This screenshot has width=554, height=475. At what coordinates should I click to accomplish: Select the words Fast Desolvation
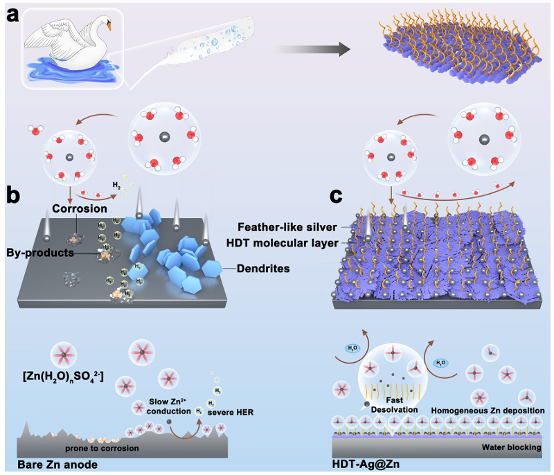[x=391, y=405]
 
